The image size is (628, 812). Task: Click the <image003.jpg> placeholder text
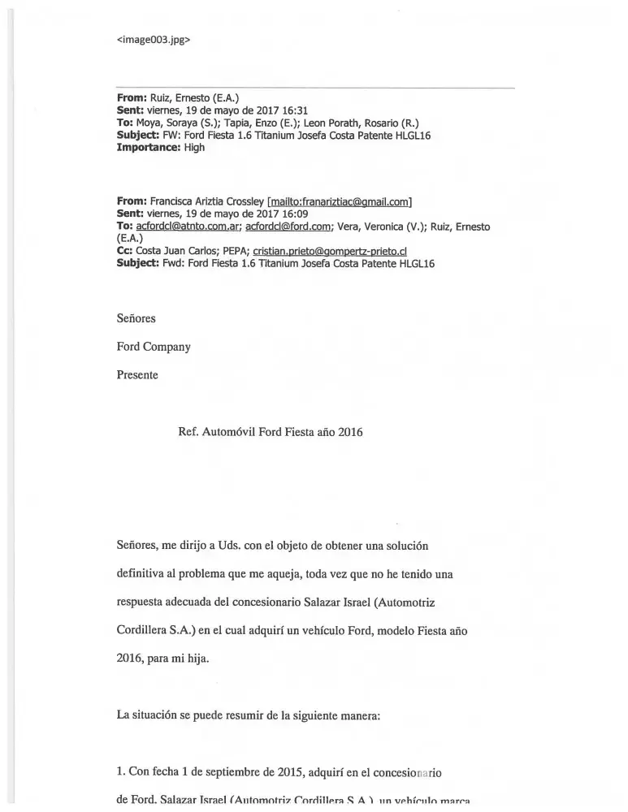tap(154, 37)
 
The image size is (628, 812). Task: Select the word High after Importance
tap(195, 149)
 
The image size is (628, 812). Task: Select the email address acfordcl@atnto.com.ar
tap(188, 227)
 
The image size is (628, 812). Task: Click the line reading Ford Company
tap(154, 347)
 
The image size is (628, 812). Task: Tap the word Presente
tap(137, 375)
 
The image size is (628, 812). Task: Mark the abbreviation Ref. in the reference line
tap(188, 433)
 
